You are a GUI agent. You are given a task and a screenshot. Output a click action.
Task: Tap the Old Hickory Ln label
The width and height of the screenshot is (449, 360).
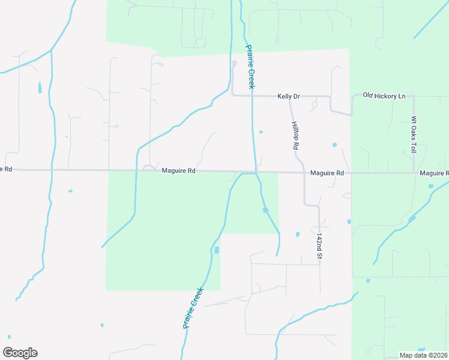(x=384, y=96)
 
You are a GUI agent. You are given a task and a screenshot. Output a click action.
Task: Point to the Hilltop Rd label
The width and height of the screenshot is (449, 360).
(x=295, y=135)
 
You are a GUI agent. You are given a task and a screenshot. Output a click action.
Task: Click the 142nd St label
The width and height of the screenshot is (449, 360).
(x=319, y=246)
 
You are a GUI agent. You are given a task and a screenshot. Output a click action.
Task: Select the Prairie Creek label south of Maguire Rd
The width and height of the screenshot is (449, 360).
(x=194, y=308)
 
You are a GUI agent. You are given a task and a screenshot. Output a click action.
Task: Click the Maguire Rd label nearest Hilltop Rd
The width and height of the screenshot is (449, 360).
(x=327, y=173)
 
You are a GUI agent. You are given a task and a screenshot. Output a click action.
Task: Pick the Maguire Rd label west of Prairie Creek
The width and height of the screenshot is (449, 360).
(x=179, y=171)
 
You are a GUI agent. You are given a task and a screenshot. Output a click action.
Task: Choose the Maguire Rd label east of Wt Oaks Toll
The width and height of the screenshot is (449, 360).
(x=434, y=173)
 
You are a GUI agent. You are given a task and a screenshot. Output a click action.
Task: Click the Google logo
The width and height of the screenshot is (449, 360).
(x=20, y=353)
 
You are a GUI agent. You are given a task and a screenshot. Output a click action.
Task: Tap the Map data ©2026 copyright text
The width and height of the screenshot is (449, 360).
(x=423, y=355)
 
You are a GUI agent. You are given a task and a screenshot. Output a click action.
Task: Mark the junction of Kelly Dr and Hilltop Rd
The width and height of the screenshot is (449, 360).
(x=290, y=97)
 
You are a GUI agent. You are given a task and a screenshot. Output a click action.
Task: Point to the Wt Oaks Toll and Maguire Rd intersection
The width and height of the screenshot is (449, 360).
(x=415, y=173)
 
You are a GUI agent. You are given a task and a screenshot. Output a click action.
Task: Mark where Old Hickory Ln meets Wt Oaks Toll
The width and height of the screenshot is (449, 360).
(x=414, y=96)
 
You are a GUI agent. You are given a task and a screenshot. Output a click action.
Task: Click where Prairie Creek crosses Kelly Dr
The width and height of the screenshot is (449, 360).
(x=252, y=96)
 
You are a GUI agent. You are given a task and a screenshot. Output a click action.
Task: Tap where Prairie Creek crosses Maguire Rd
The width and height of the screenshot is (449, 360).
(x=257, y=172)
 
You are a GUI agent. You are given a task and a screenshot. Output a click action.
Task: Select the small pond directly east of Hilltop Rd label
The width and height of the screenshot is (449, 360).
(x=334, y=145)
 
